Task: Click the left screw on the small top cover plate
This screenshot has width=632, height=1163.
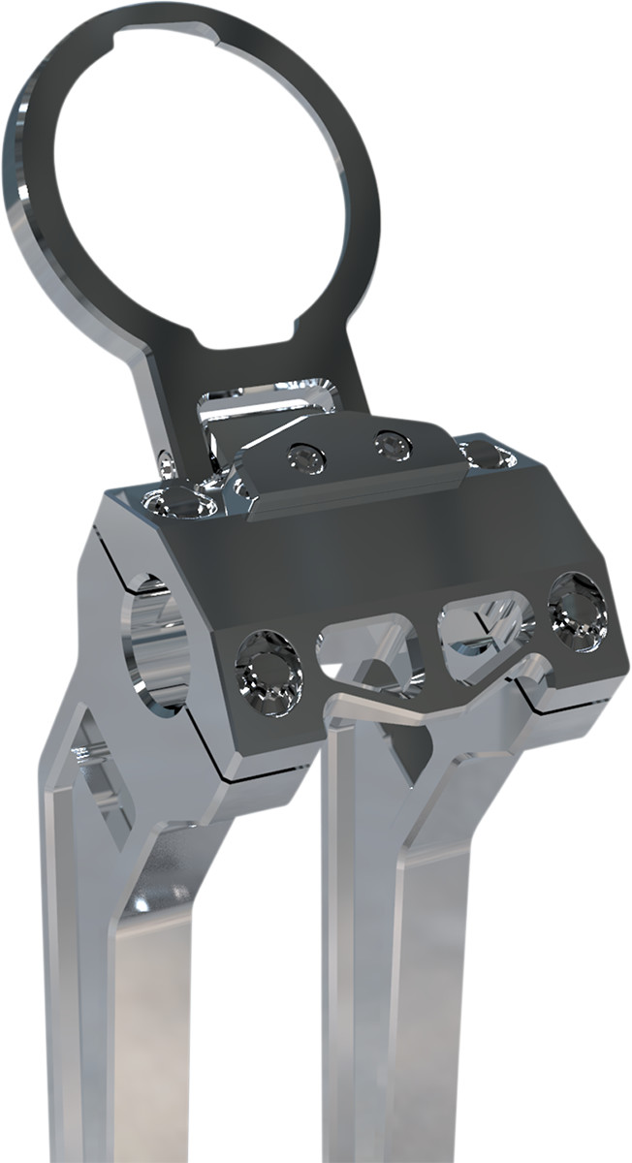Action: point(307,458)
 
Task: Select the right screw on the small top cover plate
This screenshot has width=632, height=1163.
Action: point(394,445)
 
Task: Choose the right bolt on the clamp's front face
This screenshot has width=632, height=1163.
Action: point(578,611)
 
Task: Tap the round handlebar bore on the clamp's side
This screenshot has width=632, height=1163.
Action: point(155,641)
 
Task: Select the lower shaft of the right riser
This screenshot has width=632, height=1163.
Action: point(407,1018)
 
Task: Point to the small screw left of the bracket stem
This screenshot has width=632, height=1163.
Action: point(166,464)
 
